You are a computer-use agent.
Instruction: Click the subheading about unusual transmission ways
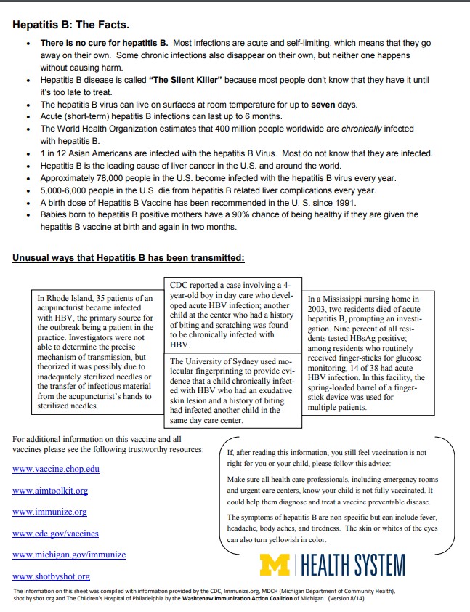click(128, 257)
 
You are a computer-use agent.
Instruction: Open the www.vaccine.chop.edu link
click(56, 469)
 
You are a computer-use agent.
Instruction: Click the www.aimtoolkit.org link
click(50, 491)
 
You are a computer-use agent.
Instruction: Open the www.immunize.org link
click(49, 512)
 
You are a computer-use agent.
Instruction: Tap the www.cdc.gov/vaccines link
click(55, 534)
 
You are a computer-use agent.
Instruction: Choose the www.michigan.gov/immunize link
click(69, 555)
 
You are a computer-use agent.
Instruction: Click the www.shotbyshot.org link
click(51, 576)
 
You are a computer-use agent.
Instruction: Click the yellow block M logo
click(275, 565)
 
